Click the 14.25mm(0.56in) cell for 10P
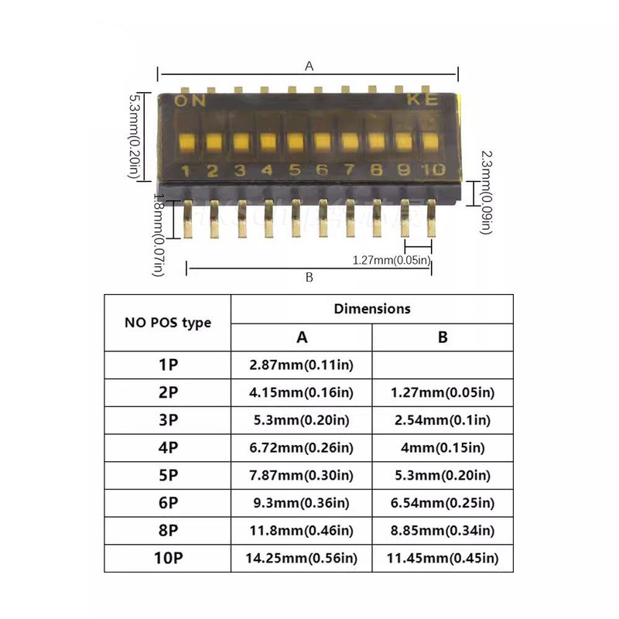click(302, 558)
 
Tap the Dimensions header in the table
click(372, 308)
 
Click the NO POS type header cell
click(168, 323)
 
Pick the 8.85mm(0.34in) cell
click(443, 530)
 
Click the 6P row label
click(168, 503)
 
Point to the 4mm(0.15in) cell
click(443, 447)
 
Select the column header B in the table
click(443, 337)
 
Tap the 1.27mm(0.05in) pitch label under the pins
click(391, 260)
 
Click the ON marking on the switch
click(190, 101)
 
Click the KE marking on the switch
click(422, 100)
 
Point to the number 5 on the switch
click(295, 170)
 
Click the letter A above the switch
click(309, 66)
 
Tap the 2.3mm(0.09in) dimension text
click(485, 192)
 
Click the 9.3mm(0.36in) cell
click(302, 503)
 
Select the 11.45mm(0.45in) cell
click(443, 558)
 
